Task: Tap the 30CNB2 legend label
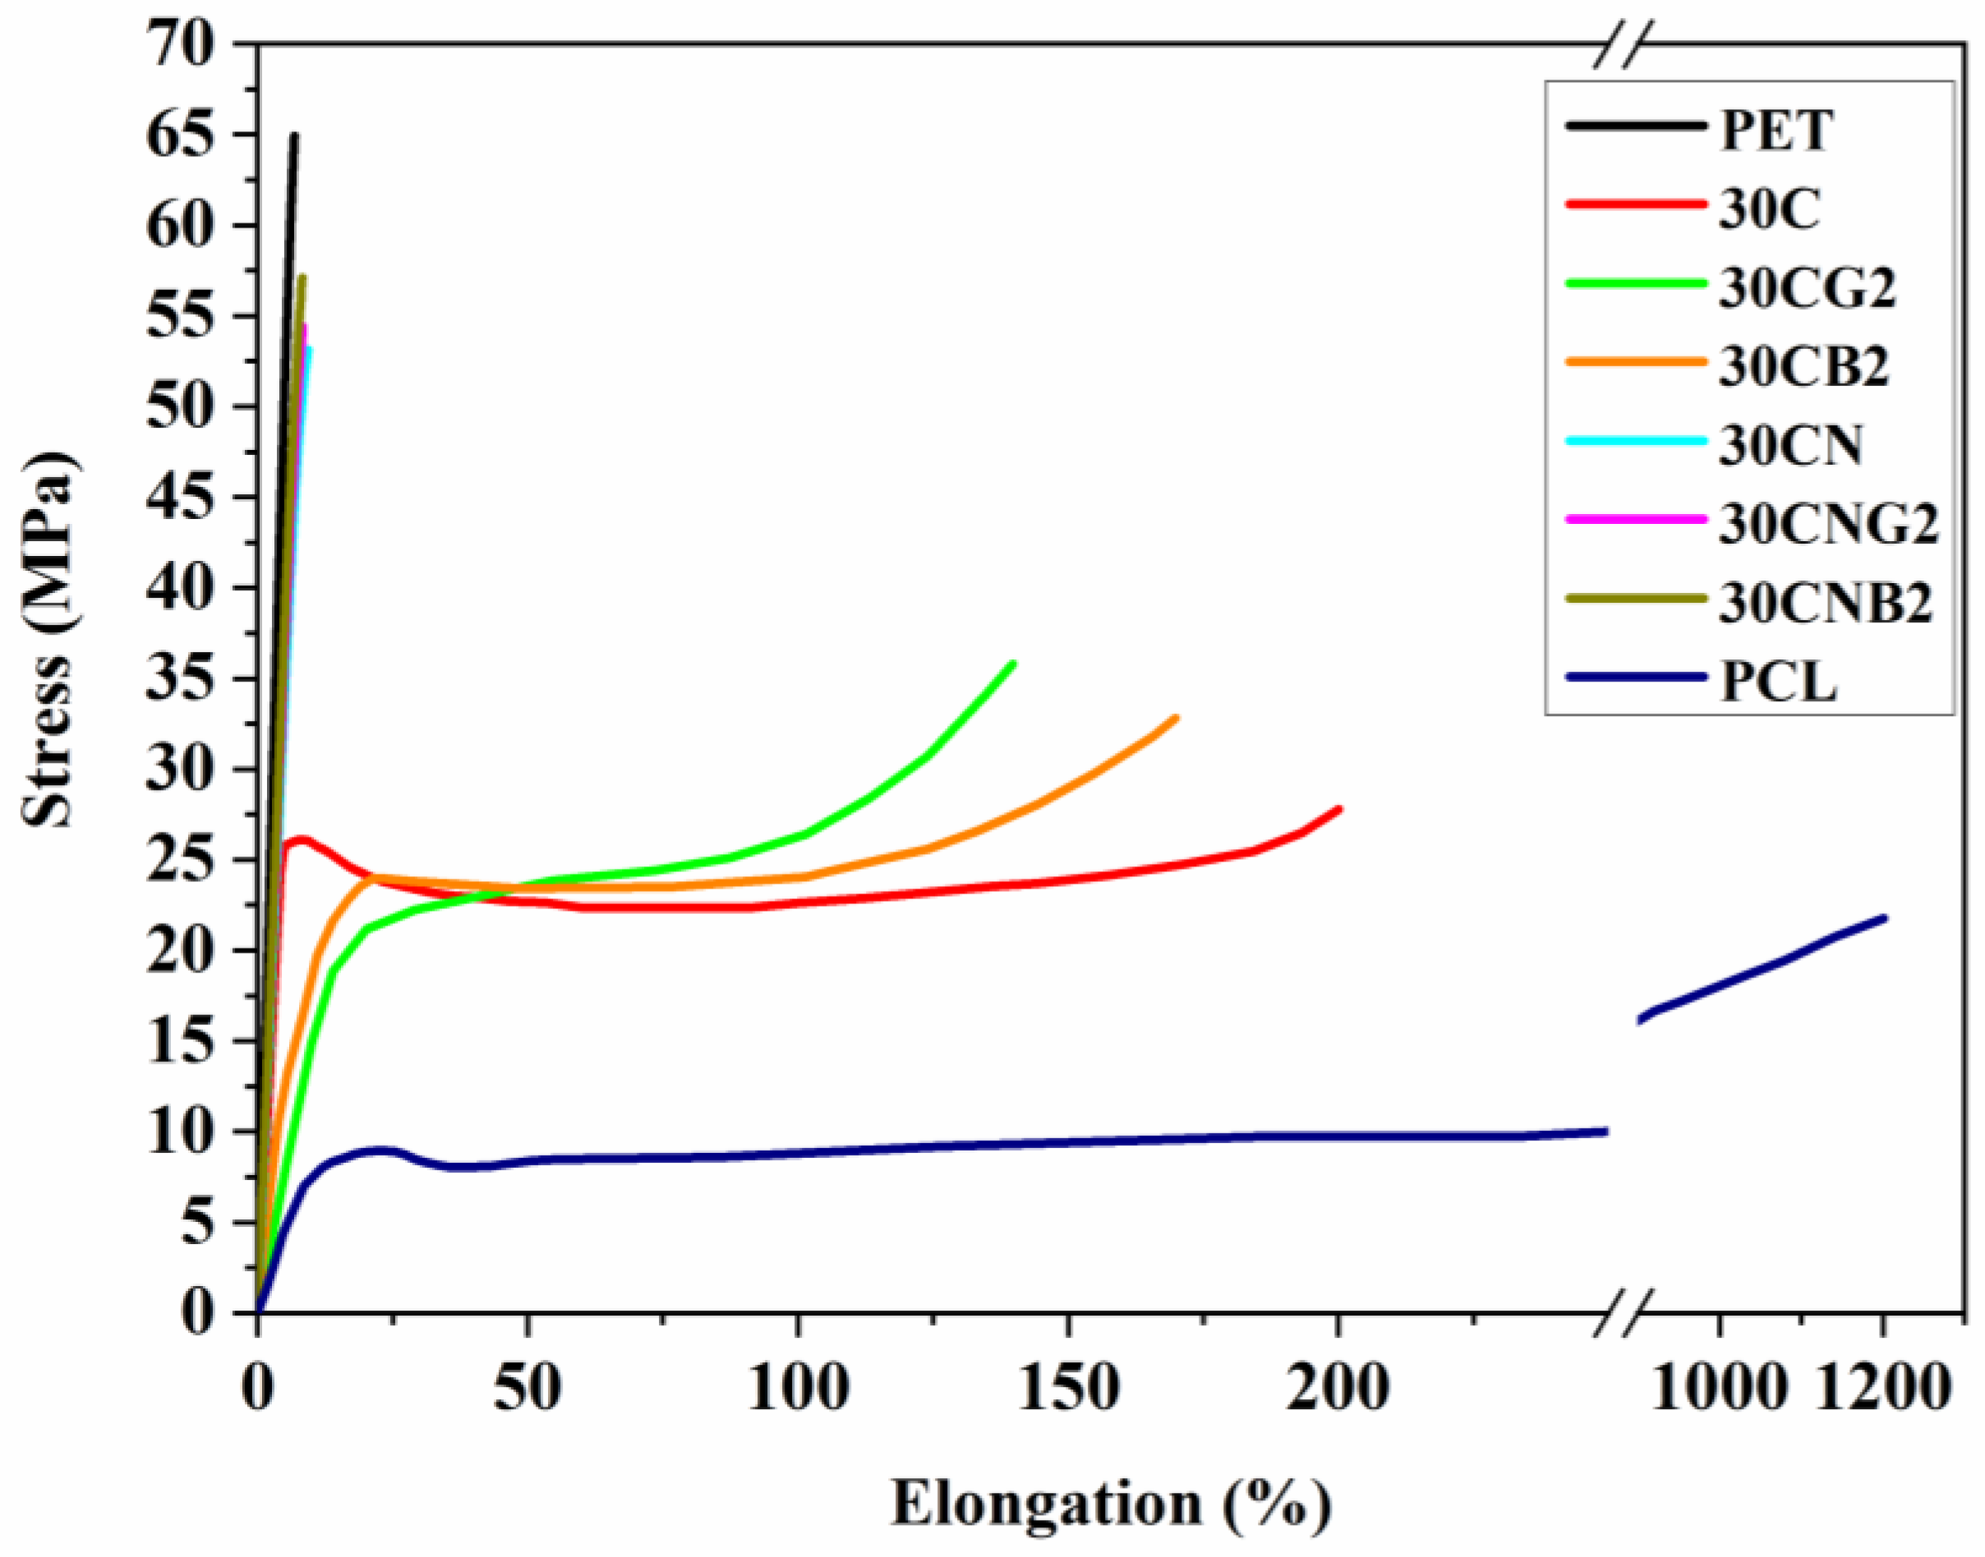click(x=1826, y=604)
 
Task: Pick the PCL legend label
click(x=1777, y=682)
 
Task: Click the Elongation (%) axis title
click(x=1111, y=1504)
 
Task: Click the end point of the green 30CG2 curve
click(x=1012, y=664)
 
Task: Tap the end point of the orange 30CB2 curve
click(x=1176, y=719)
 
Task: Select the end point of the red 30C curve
click(x=1338, y=809)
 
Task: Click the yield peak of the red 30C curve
click(x=302, y=838)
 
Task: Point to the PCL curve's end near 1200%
click(x=1884, y=918)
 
